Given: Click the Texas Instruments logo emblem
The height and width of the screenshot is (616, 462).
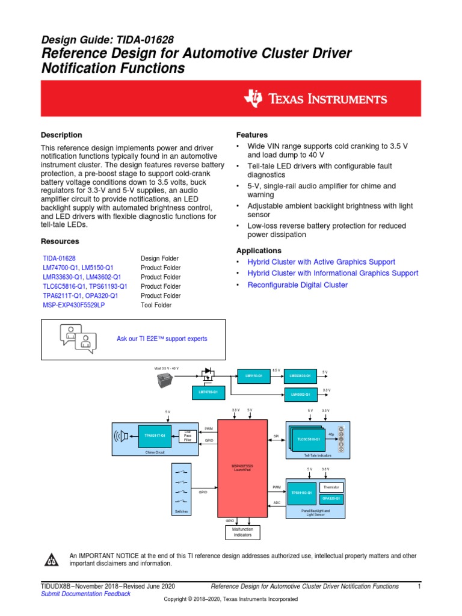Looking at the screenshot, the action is coord(254,99).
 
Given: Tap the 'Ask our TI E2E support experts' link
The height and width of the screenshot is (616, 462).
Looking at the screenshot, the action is coord(161,339).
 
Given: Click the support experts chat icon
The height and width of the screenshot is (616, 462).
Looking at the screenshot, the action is coord(78,339).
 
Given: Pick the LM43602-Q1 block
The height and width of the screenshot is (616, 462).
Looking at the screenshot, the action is coord(300,394).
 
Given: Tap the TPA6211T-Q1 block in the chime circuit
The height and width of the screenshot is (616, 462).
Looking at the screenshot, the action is coord(155,436).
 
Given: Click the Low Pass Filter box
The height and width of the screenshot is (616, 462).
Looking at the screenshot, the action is coord(187,435).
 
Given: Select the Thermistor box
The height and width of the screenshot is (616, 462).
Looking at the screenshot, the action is coord(331,487).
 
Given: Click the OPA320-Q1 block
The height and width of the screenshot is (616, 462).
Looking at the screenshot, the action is coord(331,498).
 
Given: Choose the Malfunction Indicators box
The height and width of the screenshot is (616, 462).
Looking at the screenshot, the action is coord(243,532).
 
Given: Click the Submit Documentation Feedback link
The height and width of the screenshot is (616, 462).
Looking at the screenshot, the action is coord(85,594).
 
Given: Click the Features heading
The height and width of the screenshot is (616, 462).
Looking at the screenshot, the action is coord(251,135).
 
